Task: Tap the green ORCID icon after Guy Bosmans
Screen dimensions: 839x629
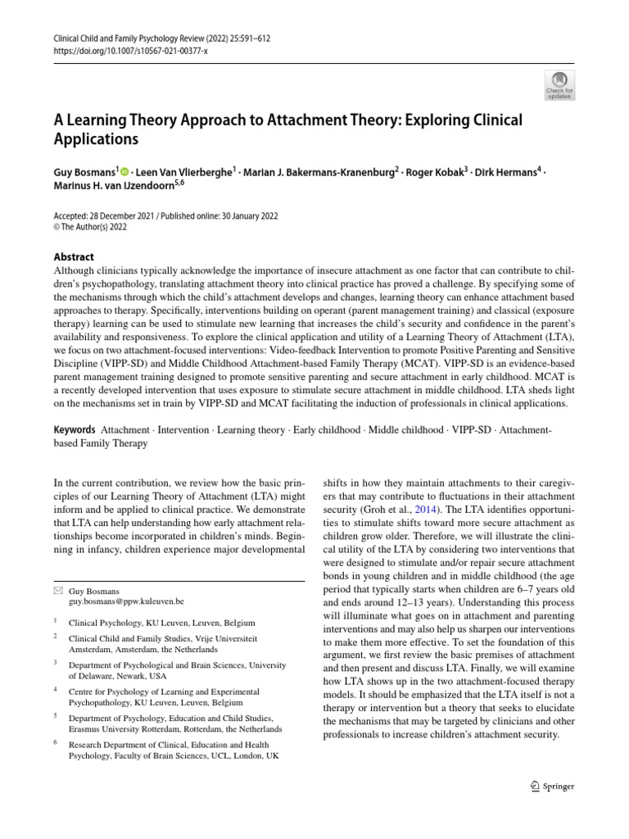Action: coord(124,171)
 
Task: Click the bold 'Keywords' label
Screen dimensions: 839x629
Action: coord(74,429)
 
